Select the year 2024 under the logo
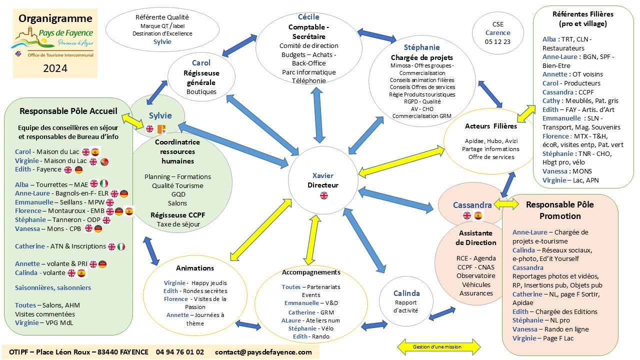55,68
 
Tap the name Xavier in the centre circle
322,175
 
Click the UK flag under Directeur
323,195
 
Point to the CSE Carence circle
497,33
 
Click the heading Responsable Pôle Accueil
68,110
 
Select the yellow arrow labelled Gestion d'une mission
438,346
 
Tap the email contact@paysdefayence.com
263,352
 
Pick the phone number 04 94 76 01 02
180,352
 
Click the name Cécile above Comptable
308,17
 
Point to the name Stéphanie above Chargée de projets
422,47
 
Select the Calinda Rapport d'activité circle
406,300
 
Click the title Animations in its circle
194,268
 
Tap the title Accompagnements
311,272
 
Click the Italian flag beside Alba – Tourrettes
104,183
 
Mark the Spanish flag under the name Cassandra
478,215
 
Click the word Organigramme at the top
55,18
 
